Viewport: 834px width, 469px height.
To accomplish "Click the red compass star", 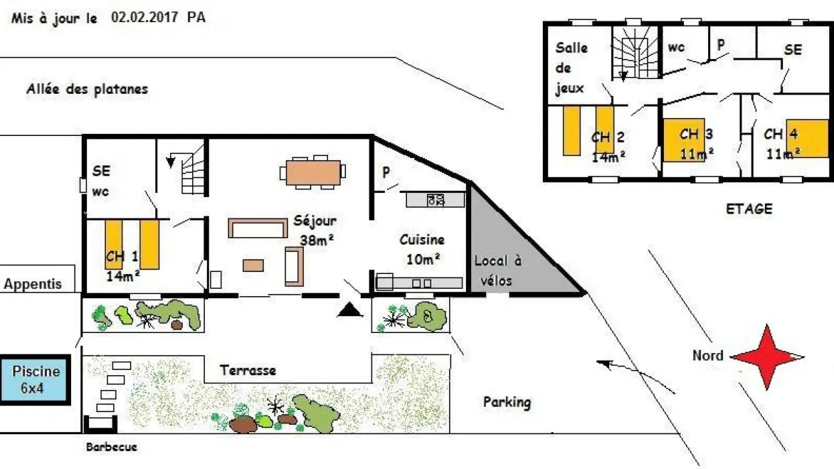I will click(767, 357).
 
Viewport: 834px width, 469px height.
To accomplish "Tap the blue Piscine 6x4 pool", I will click(36, 379).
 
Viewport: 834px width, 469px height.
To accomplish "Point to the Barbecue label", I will click(111, 448).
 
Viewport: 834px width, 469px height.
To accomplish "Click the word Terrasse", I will click(248, 370).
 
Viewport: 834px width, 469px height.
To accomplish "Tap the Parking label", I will click(507, 402).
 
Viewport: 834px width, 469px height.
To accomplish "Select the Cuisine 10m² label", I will click(422, 248).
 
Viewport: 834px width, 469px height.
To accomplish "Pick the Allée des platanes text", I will click(87, 90).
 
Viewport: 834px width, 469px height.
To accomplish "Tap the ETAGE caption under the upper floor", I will click(749, 209).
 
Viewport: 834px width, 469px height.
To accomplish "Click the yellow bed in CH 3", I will click(684, 139).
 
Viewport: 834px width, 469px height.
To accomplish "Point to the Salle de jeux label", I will click(571, 68).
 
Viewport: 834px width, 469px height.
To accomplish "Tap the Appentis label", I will click(33, 284).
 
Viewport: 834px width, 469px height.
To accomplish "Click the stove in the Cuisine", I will click(436, 200).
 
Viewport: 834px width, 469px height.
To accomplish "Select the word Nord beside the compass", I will click(707, 356).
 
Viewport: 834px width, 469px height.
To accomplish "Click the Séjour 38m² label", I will click(315, 231).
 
